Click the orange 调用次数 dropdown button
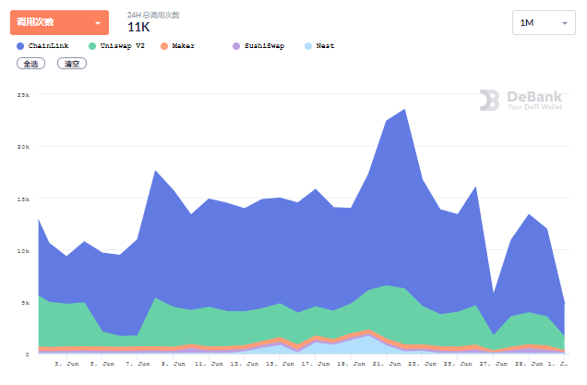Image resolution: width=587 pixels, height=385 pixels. (x=59, y=22)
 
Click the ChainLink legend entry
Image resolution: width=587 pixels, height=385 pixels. (x=43, y=45)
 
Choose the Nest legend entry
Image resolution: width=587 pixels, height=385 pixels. (x=319, y=45)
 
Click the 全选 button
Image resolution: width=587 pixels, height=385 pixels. (x=30, y=64)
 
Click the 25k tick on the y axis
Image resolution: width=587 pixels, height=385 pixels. (x=23, y=95)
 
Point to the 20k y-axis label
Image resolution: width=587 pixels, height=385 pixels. (x=23, y=147)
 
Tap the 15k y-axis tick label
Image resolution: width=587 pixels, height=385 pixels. (x=23, y=199)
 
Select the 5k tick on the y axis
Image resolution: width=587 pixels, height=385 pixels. (x=25, y=302)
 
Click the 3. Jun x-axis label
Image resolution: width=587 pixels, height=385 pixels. (x=66, y=364)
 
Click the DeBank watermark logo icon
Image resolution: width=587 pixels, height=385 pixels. (x=489, y=100)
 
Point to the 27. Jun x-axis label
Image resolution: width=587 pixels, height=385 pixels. (x=489, y=364)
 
